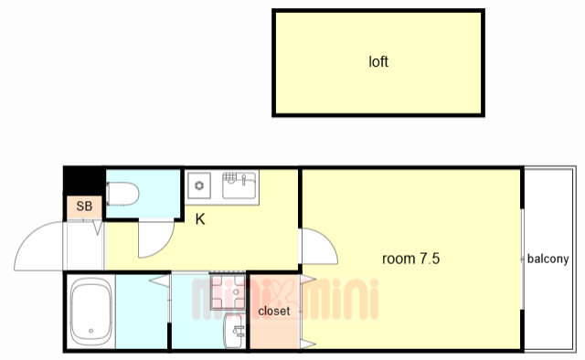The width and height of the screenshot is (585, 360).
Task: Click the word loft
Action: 378,61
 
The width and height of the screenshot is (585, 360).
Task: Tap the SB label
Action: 84,206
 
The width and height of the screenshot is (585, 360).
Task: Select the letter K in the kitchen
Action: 200,219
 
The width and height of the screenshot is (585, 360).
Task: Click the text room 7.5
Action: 410,259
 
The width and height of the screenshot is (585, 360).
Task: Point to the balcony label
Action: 548,259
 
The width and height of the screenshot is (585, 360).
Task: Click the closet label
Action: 274,311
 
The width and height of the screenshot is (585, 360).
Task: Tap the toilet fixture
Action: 122,194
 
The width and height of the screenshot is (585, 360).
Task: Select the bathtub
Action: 91,312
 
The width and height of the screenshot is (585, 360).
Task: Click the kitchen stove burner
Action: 199,185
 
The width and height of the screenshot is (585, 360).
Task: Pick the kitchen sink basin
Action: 239,185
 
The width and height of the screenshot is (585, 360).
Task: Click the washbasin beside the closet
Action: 234,331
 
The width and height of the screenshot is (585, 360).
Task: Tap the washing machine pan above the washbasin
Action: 228,292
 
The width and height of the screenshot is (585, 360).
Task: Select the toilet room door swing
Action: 165,247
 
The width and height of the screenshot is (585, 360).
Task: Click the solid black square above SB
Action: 84,181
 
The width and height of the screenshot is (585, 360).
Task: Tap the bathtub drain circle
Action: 91,331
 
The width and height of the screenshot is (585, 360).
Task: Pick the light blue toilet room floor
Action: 144,194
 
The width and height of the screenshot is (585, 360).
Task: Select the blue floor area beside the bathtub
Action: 141,312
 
